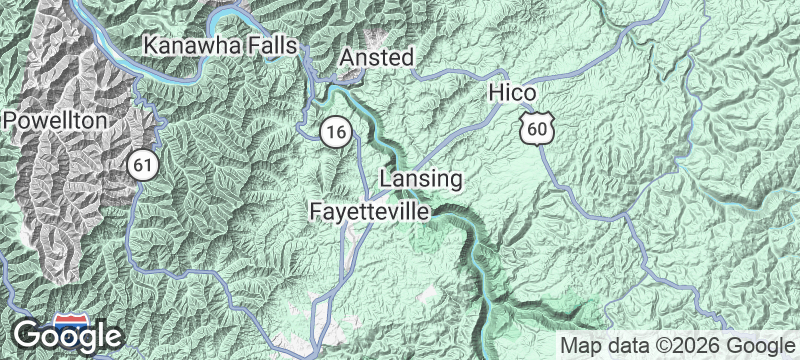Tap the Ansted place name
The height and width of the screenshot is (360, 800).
coord(377,59)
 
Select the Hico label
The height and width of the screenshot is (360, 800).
coord(514,93)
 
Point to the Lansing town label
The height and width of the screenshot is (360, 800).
coord(421,180)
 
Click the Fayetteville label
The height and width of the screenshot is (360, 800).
coord(369,212)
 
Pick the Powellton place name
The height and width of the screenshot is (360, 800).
coord(54,120)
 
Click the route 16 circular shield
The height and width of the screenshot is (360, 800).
coord(336,130)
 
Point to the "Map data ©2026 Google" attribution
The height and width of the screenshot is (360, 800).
coord(675,345)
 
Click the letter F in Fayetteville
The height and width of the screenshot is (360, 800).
coord(316,212)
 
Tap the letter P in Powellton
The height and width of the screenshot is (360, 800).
coord(9,120)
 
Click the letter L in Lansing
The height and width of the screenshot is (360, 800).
coord(387,180)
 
